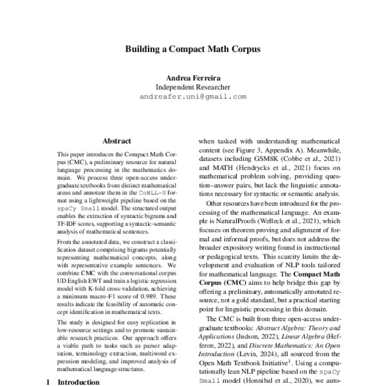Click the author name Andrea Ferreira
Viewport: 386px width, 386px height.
192,77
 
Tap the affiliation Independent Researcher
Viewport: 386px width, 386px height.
192,87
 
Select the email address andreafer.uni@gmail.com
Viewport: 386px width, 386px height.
192,97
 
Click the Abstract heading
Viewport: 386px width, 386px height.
116,141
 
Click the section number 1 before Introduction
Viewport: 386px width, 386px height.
50,381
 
